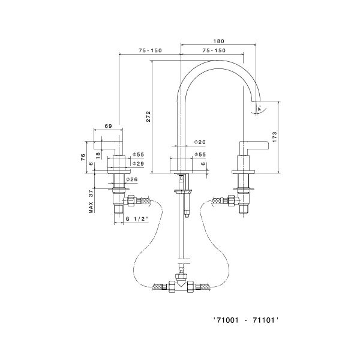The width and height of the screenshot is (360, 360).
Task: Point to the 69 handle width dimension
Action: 109,126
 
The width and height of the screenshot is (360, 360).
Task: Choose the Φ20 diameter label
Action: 200,142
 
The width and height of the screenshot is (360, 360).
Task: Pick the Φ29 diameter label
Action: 137,163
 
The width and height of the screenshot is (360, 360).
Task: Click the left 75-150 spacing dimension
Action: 150,50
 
